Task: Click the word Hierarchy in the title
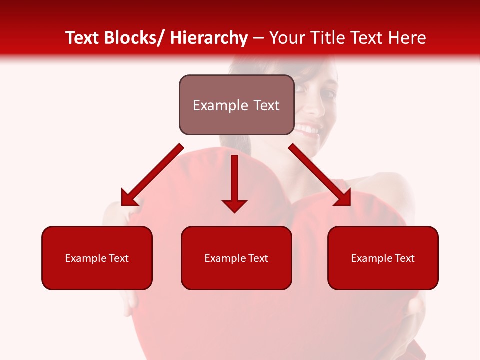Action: coord(209,38)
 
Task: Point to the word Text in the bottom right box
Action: coord(405,258)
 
